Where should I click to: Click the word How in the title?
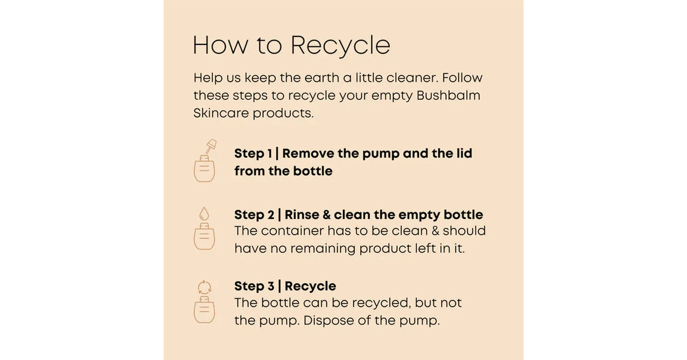pos(220,45)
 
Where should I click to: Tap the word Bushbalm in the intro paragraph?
pos(448,95)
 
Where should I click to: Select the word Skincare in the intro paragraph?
pos(221,113)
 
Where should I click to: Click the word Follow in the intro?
pos(462,78)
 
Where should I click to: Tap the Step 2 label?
pos(254,215)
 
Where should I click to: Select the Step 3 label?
pos(254,286)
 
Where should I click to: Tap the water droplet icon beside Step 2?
pos(204,214)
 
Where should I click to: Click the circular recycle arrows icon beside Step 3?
pos(204,287)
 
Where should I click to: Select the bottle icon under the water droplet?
pos(204,236)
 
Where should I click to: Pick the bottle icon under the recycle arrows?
pos(204,310)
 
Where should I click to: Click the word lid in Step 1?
pos(464,153)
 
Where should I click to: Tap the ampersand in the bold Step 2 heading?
pos(327,215)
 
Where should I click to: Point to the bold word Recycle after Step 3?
pos(310,286)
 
